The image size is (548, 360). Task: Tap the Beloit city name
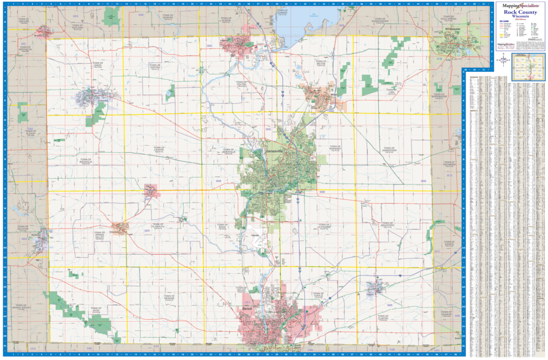click(x=245, y=308)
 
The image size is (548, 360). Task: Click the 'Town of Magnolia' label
click(x=86, y=161)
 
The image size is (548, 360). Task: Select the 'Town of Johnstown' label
click(x=389, y=150)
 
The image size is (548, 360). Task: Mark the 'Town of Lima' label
click(x=391, y=91)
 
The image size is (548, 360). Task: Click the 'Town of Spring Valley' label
click(x=99, y=233)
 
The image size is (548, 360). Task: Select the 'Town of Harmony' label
click(x=335, y=148)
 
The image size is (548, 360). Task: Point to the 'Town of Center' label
click(x=159, y=150)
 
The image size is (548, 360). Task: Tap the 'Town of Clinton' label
click(x=383, y=318)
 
